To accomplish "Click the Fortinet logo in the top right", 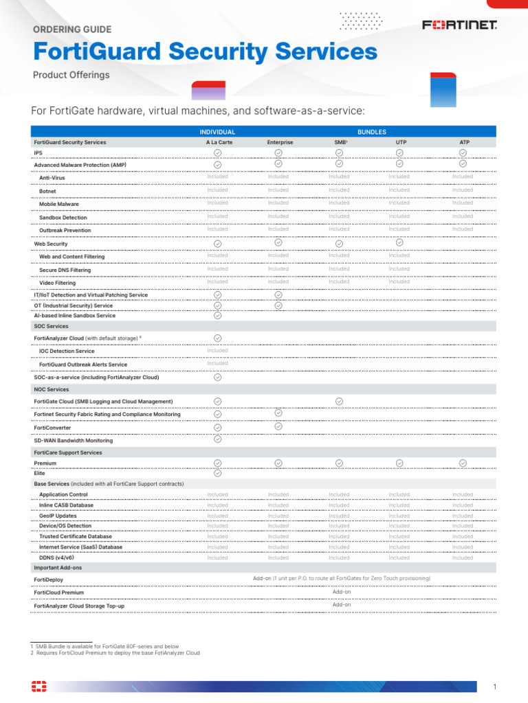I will [459, 25].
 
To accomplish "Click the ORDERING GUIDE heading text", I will [72, 30].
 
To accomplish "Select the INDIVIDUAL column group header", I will [217, 132].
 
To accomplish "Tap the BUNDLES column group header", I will [371, 132].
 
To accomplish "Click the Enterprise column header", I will [278, 142].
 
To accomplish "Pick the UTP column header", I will [399, 142].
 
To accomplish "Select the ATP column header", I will [463, 142].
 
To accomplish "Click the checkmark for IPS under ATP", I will [463, 152].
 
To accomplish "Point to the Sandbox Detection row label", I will [63, 218].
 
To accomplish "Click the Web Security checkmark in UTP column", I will [399, 242].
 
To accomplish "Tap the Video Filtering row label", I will [58, 283].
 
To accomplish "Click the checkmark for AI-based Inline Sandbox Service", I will [217, 316].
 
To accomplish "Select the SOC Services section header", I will [52, 327].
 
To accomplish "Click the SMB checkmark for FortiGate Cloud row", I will [339, 401].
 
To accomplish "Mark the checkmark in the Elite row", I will [217, 473].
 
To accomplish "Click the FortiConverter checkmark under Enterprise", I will [278, 426].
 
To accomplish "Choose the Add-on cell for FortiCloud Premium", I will [342, 592].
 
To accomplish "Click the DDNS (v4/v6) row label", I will [56, 558].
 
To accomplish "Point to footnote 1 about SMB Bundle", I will [104, 646].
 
